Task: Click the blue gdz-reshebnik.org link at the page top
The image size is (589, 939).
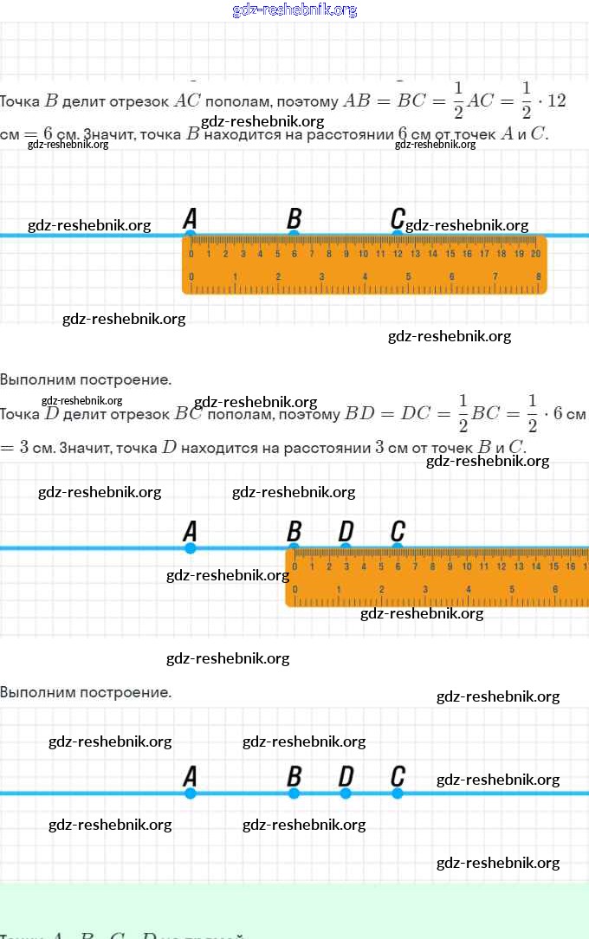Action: pyautogui.click(x=294, y=10)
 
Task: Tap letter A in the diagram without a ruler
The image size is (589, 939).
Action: pyautogui.click(x=191, y=776)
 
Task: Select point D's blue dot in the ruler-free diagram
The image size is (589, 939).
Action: pyautogui.click(x=346, y=793)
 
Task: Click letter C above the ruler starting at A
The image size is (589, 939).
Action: pyautogui.click(x=398, y=218)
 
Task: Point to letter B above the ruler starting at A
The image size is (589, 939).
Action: pyautogui.click(x=294, y=218)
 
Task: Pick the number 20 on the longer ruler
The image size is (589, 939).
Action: pyautogui.click(x=536, y=254)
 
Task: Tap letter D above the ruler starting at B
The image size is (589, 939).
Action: pyautogui.click(x=346, y=531)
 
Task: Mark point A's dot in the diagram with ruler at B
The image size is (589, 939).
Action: pyautogui.click(x=191, y=548)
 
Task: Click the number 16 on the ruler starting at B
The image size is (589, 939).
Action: pyautogui.click(x=571, y=567)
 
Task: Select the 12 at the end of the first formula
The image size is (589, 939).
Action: pyautogui.click(x=556, y=100)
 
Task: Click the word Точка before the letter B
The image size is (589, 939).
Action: pyautogui.click(x=20, y=101)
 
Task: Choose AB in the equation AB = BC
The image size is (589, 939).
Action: pyautogui.click(x=356, y=100)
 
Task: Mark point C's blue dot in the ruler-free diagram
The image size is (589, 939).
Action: pyautogui.click(x=398, y=793)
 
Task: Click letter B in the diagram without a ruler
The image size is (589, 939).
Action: pyautogui.click(x=294, y=776)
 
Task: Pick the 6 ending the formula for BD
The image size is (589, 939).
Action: pyautogui.click(x=558, y=414)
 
